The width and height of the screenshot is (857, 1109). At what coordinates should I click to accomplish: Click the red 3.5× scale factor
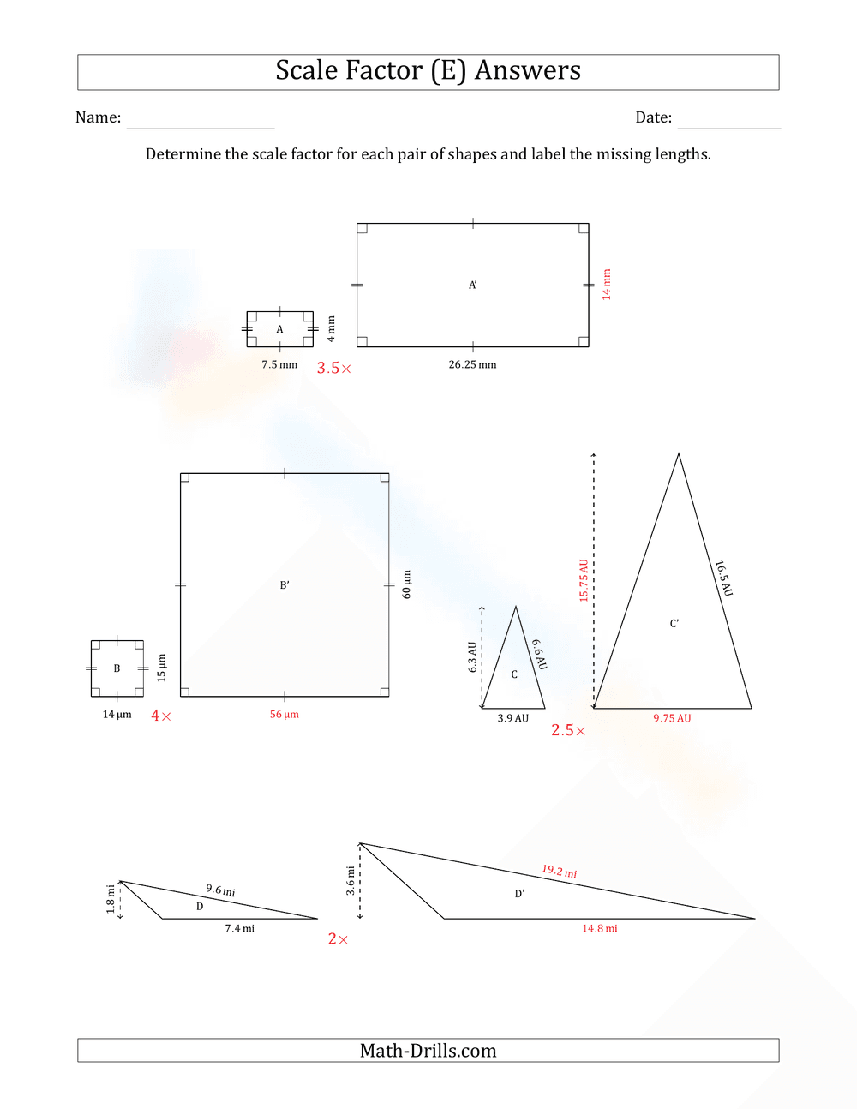333,369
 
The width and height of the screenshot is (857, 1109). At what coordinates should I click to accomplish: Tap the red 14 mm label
607,284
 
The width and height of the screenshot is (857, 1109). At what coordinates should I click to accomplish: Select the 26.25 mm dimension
472,364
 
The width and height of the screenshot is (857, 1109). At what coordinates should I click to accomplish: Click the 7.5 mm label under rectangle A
279,364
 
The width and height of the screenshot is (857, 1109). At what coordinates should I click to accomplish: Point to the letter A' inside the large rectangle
473,285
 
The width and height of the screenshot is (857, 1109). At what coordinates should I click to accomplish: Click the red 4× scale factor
161,716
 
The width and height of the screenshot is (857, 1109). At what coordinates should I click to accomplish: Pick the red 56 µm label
285,714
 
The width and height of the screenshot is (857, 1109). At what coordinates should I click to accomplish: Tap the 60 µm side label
407,584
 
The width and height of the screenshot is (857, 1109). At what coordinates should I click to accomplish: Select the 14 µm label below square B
117,714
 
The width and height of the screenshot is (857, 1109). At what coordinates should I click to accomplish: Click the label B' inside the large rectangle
285,585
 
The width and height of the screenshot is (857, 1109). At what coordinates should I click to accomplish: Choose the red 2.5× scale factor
568,731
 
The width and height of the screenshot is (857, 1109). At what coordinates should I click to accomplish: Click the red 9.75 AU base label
672,718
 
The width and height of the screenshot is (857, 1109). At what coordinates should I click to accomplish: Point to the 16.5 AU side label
724,578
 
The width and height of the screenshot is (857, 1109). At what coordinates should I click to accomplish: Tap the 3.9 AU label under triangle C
513,718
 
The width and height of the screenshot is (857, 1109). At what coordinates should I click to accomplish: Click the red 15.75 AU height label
584,580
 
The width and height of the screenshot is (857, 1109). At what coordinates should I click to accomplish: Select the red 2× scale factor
338,939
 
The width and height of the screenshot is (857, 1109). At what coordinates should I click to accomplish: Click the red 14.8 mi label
600,928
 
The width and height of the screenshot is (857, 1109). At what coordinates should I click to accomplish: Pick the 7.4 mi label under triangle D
240,928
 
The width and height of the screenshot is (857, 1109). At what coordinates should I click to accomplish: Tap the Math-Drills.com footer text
428,1051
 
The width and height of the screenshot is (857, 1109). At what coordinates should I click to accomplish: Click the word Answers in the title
528,70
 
